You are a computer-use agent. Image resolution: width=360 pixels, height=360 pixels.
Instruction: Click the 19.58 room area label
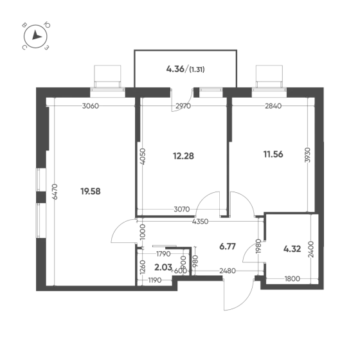pyautogui.click(x=91, y=192)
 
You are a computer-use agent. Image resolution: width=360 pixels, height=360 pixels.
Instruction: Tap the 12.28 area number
pyautogui.click(x=183, y=156)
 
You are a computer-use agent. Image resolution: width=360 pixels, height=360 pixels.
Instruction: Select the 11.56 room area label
pyautogui.click(x=273, y=154)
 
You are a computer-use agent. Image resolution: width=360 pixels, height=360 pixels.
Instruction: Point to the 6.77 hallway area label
pyautogui.click(x=228, y=247)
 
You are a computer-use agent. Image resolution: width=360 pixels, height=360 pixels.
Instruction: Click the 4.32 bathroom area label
pyautogui.click(x=292, y=249)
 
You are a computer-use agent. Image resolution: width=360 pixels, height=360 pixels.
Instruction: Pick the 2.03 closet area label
pyautogui.click(x=163, y=267)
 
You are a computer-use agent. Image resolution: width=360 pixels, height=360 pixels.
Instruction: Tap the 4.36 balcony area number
pyautogui.click(x=175, y=69)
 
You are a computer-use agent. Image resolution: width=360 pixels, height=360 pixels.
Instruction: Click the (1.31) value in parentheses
pyautogui.click(x=197, y=69)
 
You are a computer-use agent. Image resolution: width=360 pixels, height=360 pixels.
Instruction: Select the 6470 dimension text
pyautogui.click(x=55, y=192)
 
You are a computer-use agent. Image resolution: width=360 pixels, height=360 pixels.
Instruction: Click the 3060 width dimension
pyautogui.click(x=91, y=106)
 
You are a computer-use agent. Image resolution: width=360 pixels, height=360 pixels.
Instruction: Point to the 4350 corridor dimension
pyautogui.click(x=200, y=222)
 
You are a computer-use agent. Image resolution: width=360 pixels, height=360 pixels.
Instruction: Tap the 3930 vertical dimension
pyautogui.click(x=307, y=155)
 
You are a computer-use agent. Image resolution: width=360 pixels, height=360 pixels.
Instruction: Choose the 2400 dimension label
pyautogui.click(x=311, y=249)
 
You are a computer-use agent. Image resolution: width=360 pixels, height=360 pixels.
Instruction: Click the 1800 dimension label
pyautogui.click(x=292, y=279)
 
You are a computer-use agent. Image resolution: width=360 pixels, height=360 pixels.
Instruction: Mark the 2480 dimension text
pyautogui.click(x=228, y=271)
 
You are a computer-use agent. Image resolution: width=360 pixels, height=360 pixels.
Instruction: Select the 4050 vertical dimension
pyautogui.click(x=142, y=157)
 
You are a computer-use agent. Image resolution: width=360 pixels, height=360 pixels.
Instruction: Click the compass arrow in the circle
pyautogui.click(x=36, y=35)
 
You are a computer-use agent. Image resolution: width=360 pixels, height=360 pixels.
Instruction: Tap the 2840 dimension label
pyautogui.click(x=273, y=106)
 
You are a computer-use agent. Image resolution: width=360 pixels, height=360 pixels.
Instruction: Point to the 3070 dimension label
pyautogui.click(x=182, y=209)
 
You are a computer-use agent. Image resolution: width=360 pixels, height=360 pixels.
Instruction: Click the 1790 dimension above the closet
pyautogui.click(x=163, y=254)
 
